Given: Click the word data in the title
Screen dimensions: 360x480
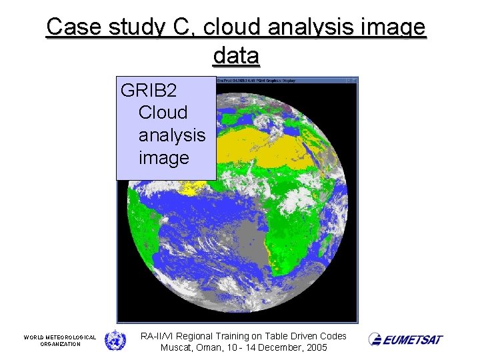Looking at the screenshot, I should [236, 56].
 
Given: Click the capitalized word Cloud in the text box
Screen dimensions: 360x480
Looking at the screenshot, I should [163, 112].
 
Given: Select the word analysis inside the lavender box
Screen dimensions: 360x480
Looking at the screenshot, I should [171, 135].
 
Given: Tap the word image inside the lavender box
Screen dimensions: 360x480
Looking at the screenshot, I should [163, 158].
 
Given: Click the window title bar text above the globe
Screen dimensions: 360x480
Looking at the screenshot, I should [257, 81].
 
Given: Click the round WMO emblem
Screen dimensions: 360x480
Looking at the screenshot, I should [115, 340].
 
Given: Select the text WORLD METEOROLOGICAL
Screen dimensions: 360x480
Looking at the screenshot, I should [60, 337].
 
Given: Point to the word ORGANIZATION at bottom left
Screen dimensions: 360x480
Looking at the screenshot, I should [60, 344].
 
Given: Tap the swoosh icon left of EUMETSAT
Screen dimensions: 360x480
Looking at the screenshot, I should [375, 339].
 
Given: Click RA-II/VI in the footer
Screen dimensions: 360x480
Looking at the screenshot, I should [159, 336].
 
